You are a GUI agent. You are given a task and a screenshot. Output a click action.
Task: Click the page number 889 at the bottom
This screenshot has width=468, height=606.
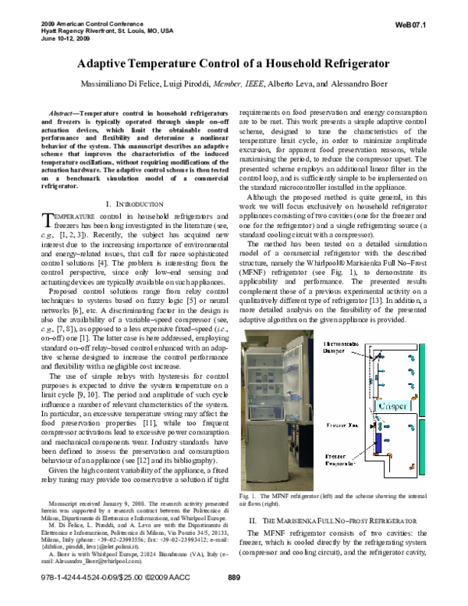pos(233,599)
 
